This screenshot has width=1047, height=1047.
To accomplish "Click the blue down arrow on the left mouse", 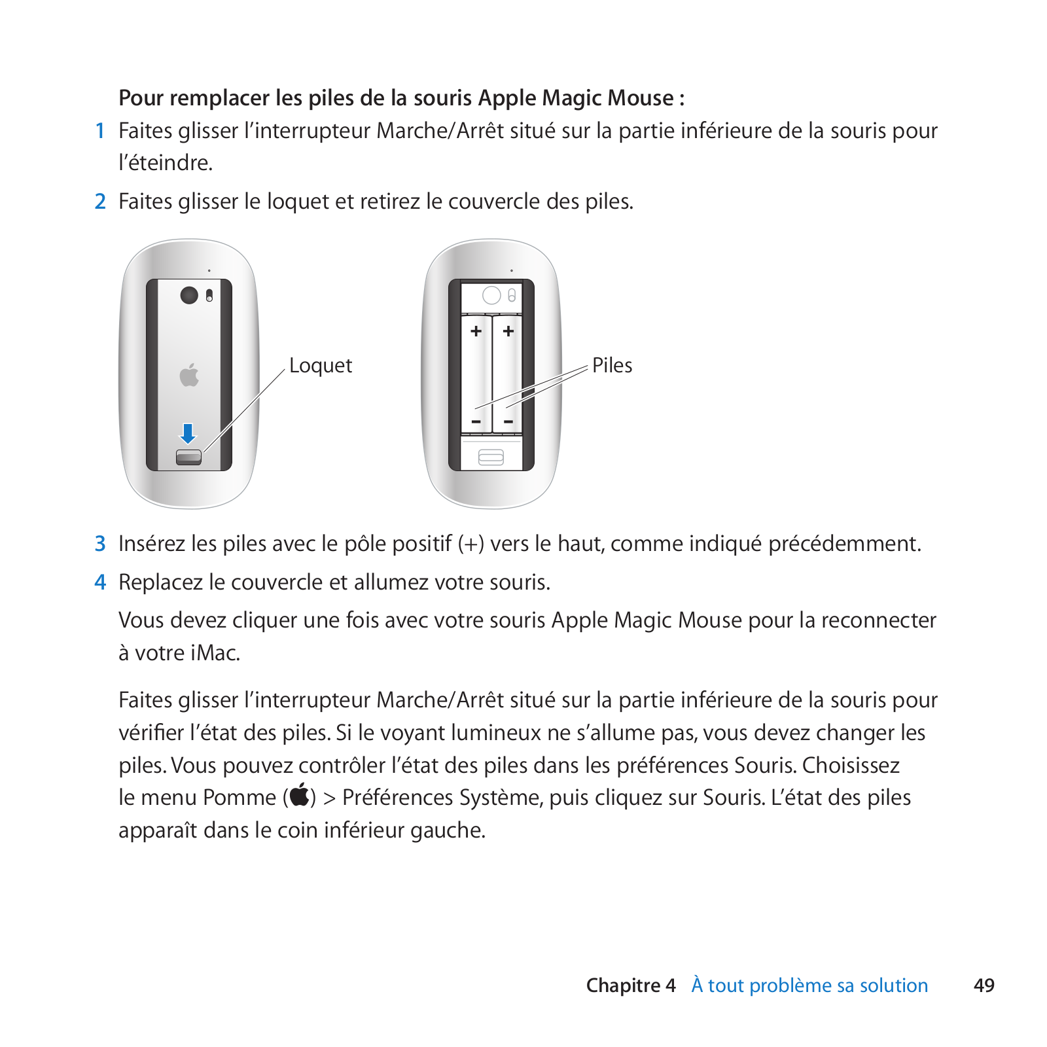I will [x=188, y=433].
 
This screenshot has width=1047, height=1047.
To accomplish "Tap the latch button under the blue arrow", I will [x=188, y=457].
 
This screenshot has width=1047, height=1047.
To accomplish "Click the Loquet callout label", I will [x=321, y=365].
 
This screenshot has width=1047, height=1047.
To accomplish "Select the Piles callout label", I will [x=612, y=365].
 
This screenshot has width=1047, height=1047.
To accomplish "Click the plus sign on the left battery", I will [x=476, y=331].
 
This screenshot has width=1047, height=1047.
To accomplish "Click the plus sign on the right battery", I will [x=508, y=331].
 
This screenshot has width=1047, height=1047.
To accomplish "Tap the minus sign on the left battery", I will [x=476, y=421].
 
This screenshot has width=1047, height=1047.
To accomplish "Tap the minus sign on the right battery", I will [x=508, y=421].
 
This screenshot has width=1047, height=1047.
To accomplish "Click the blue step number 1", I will [x=100, y=131].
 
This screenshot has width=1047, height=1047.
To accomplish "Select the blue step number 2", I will [x=100, y=202].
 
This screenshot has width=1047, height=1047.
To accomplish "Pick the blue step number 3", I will [x=100, y=544].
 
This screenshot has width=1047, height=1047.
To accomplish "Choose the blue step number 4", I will [x=100, y=582].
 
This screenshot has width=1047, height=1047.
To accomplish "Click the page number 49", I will [x=984, y=985].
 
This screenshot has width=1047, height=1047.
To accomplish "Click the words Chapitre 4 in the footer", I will [x=630, y=985].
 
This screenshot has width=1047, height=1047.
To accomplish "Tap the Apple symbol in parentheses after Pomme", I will [x=300, y=796].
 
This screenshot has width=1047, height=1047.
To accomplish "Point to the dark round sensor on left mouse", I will [x=189, y=295].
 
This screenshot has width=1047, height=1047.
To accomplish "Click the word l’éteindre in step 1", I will [x=166, y=163].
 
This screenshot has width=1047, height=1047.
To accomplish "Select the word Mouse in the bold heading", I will [x=641, y=98].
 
